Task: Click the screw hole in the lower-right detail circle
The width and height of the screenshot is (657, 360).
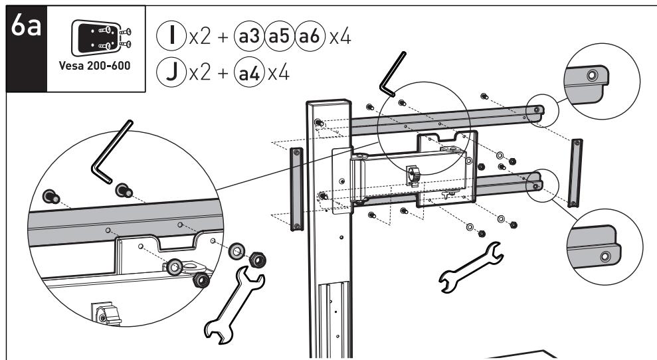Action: pyautogui.click(x=605, y=256)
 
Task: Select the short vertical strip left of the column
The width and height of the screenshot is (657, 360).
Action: pyautogui.click(x=296, y=188)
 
